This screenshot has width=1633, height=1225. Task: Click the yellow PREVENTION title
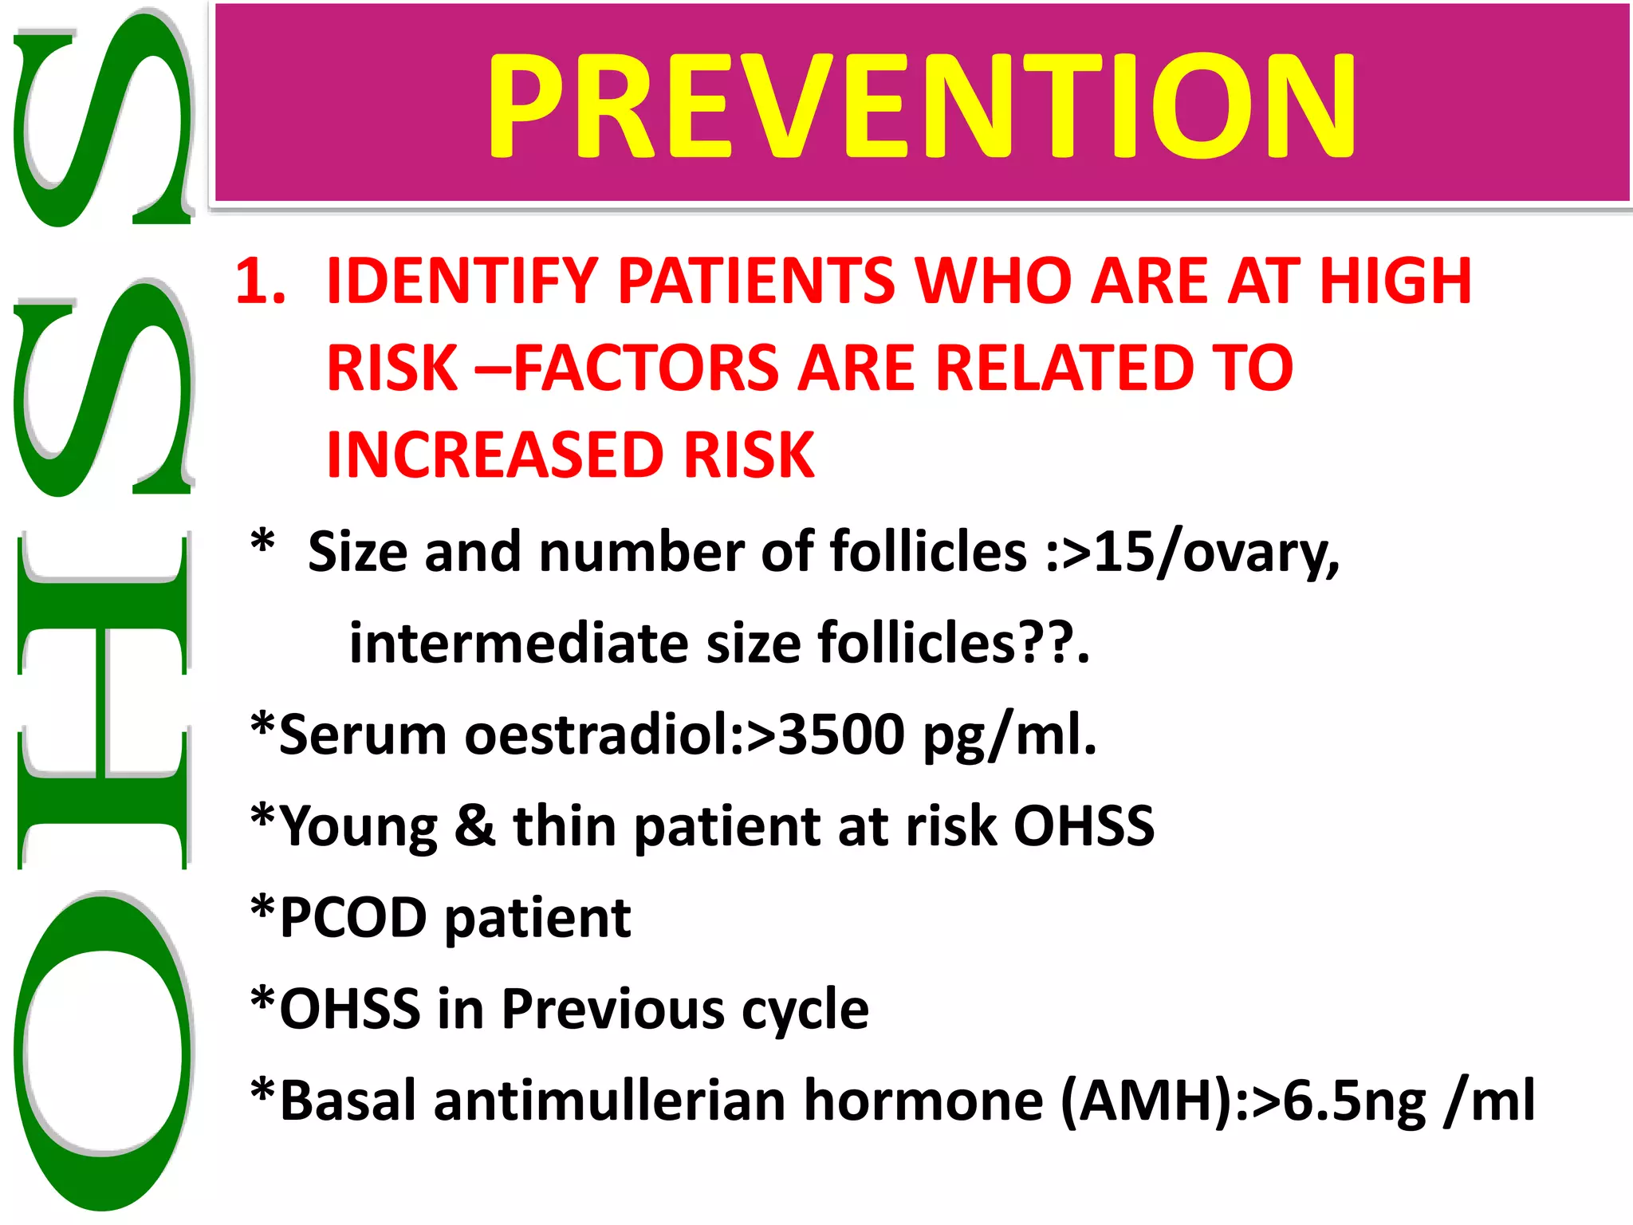pos(921,104)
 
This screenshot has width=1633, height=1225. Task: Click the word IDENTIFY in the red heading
pos(462,281)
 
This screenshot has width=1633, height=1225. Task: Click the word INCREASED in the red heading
pos(495,455)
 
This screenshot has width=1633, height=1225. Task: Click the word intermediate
pos(518,643)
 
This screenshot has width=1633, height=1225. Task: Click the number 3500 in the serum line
pos(840,734)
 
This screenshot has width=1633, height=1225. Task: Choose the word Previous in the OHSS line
pos(612,1009)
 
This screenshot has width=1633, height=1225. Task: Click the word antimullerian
pos(610,1101)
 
